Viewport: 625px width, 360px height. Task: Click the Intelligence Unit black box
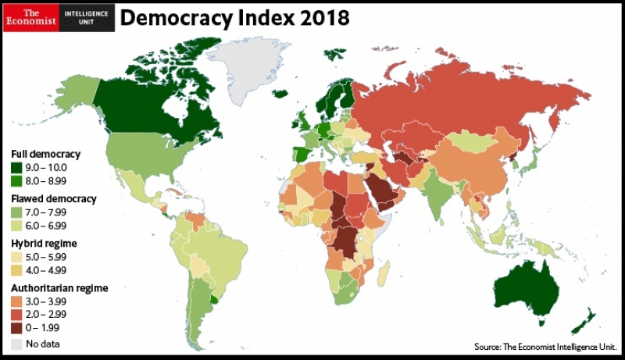(x=87, y=17)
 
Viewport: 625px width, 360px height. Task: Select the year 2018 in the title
(x=308, y=17)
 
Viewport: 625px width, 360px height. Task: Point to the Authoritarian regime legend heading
(x=59, y=287)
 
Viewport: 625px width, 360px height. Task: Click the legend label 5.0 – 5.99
(x=47, y=256)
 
